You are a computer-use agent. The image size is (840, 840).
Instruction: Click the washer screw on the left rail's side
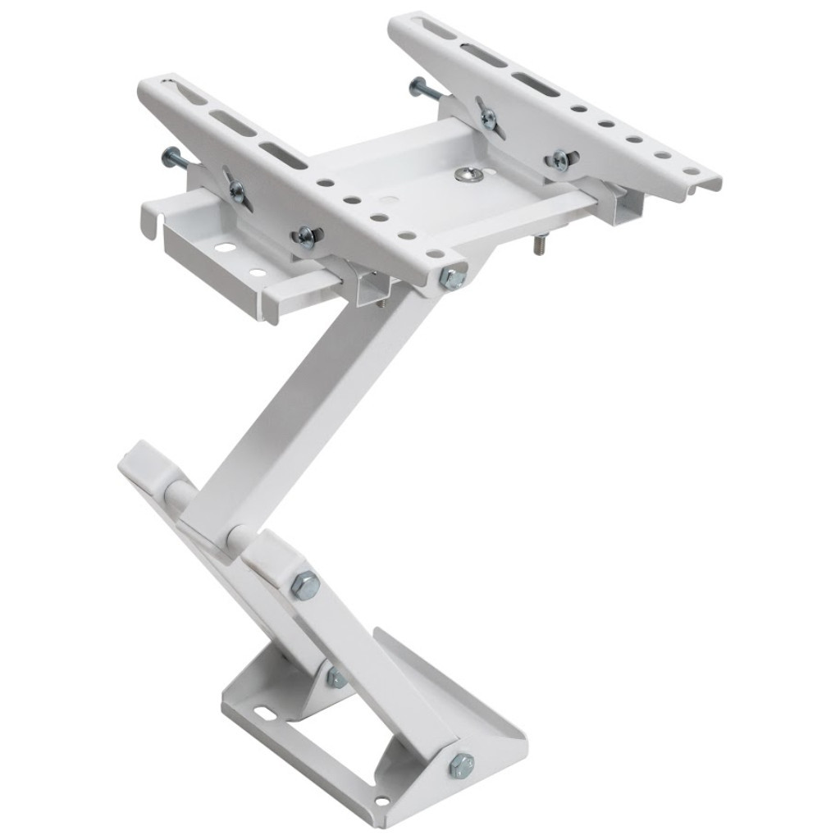coord(305,236)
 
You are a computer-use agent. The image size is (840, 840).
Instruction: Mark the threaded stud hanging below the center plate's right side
coord(541,244)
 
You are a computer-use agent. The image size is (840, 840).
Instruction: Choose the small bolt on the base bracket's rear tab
coord(336,678)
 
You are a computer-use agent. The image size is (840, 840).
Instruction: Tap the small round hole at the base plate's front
coord(381,801)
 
